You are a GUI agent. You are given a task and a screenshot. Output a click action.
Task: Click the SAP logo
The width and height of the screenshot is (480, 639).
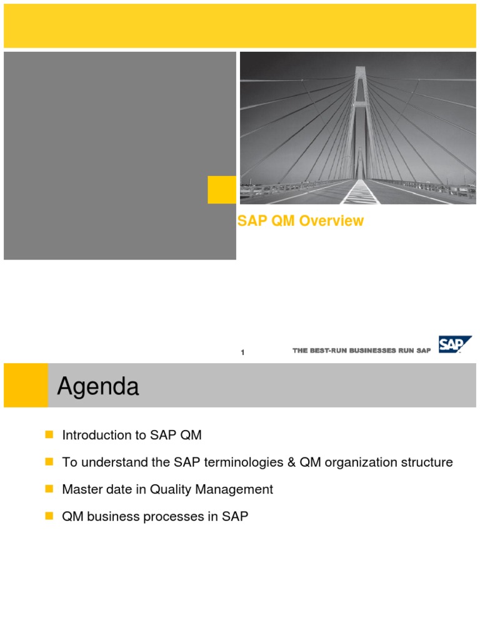coord(454,344)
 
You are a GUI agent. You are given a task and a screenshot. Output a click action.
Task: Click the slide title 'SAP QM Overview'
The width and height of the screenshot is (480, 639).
coord(301,221)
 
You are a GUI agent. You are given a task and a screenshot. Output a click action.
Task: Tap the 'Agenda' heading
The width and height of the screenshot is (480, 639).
coord(98,388)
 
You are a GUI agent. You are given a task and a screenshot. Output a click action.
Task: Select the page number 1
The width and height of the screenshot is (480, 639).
coord(242,353)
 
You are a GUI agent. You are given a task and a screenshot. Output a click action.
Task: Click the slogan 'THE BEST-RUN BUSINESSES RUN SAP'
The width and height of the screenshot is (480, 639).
coord(361,351)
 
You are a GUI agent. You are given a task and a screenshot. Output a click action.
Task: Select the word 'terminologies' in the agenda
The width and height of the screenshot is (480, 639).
coord(253,462)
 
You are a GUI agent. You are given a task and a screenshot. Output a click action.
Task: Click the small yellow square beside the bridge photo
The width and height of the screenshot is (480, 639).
coord(222,190)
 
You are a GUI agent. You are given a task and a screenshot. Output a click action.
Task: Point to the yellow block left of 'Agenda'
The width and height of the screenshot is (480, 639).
coord(26,386)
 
